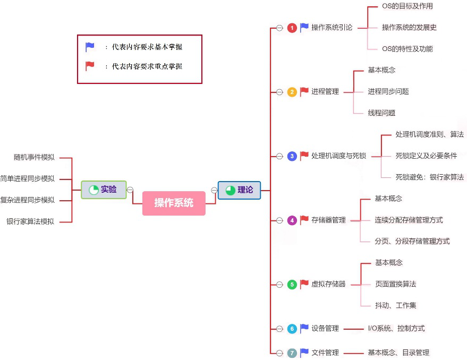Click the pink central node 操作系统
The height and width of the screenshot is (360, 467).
coord(174,203)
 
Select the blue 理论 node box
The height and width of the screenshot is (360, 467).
coord(239,190)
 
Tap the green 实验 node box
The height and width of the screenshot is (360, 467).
coord(104,189)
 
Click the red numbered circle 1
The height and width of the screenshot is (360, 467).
coord(292,28)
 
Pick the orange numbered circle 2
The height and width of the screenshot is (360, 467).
coord(292,92)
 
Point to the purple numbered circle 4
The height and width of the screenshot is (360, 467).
coord(292,220)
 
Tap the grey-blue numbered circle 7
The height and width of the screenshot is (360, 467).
coord(292,353)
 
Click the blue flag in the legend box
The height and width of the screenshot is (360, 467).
coord(90,47)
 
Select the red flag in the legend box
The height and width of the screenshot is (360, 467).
coord(90,66)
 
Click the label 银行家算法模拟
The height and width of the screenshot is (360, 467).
coord(30,221)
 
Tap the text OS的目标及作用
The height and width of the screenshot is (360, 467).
coord(407,6)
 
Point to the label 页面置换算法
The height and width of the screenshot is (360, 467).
coord(395,284)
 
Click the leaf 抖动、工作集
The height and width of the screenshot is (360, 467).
coord(395,305)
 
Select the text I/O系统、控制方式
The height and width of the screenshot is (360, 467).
coord(396,329)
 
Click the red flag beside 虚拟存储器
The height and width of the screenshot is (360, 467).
coord(304,284)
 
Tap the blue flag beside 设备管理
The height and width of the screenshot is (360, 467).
coord(304,328)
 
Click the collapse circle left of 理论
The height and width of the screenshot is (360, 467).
coord(214,190)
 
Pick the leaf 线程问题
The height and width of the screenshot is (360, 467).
coord(381,113)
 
